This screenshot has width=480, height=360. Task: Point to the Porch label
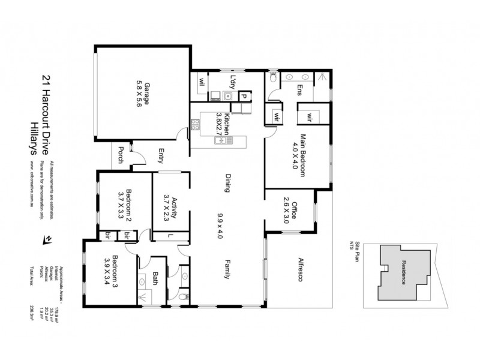(121, 154)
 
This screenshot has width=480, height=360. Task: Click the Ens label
(298, 89)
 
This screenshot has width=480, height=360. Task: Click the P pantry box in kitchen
(244, 95)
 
